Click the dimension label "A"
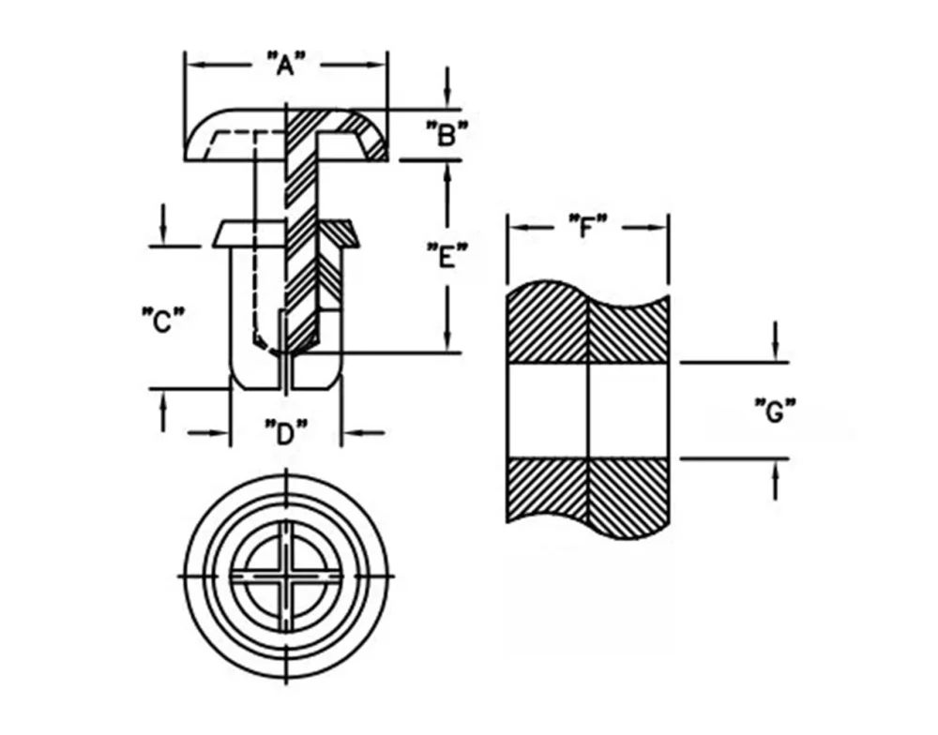285,64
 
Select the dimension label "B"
446,134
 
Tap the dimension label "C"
162,321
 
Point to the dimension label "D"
286,432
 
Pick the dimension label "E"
446,256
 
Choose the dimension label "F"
587,227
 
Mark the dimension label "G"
775,411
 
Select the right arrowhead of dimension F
657,227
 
